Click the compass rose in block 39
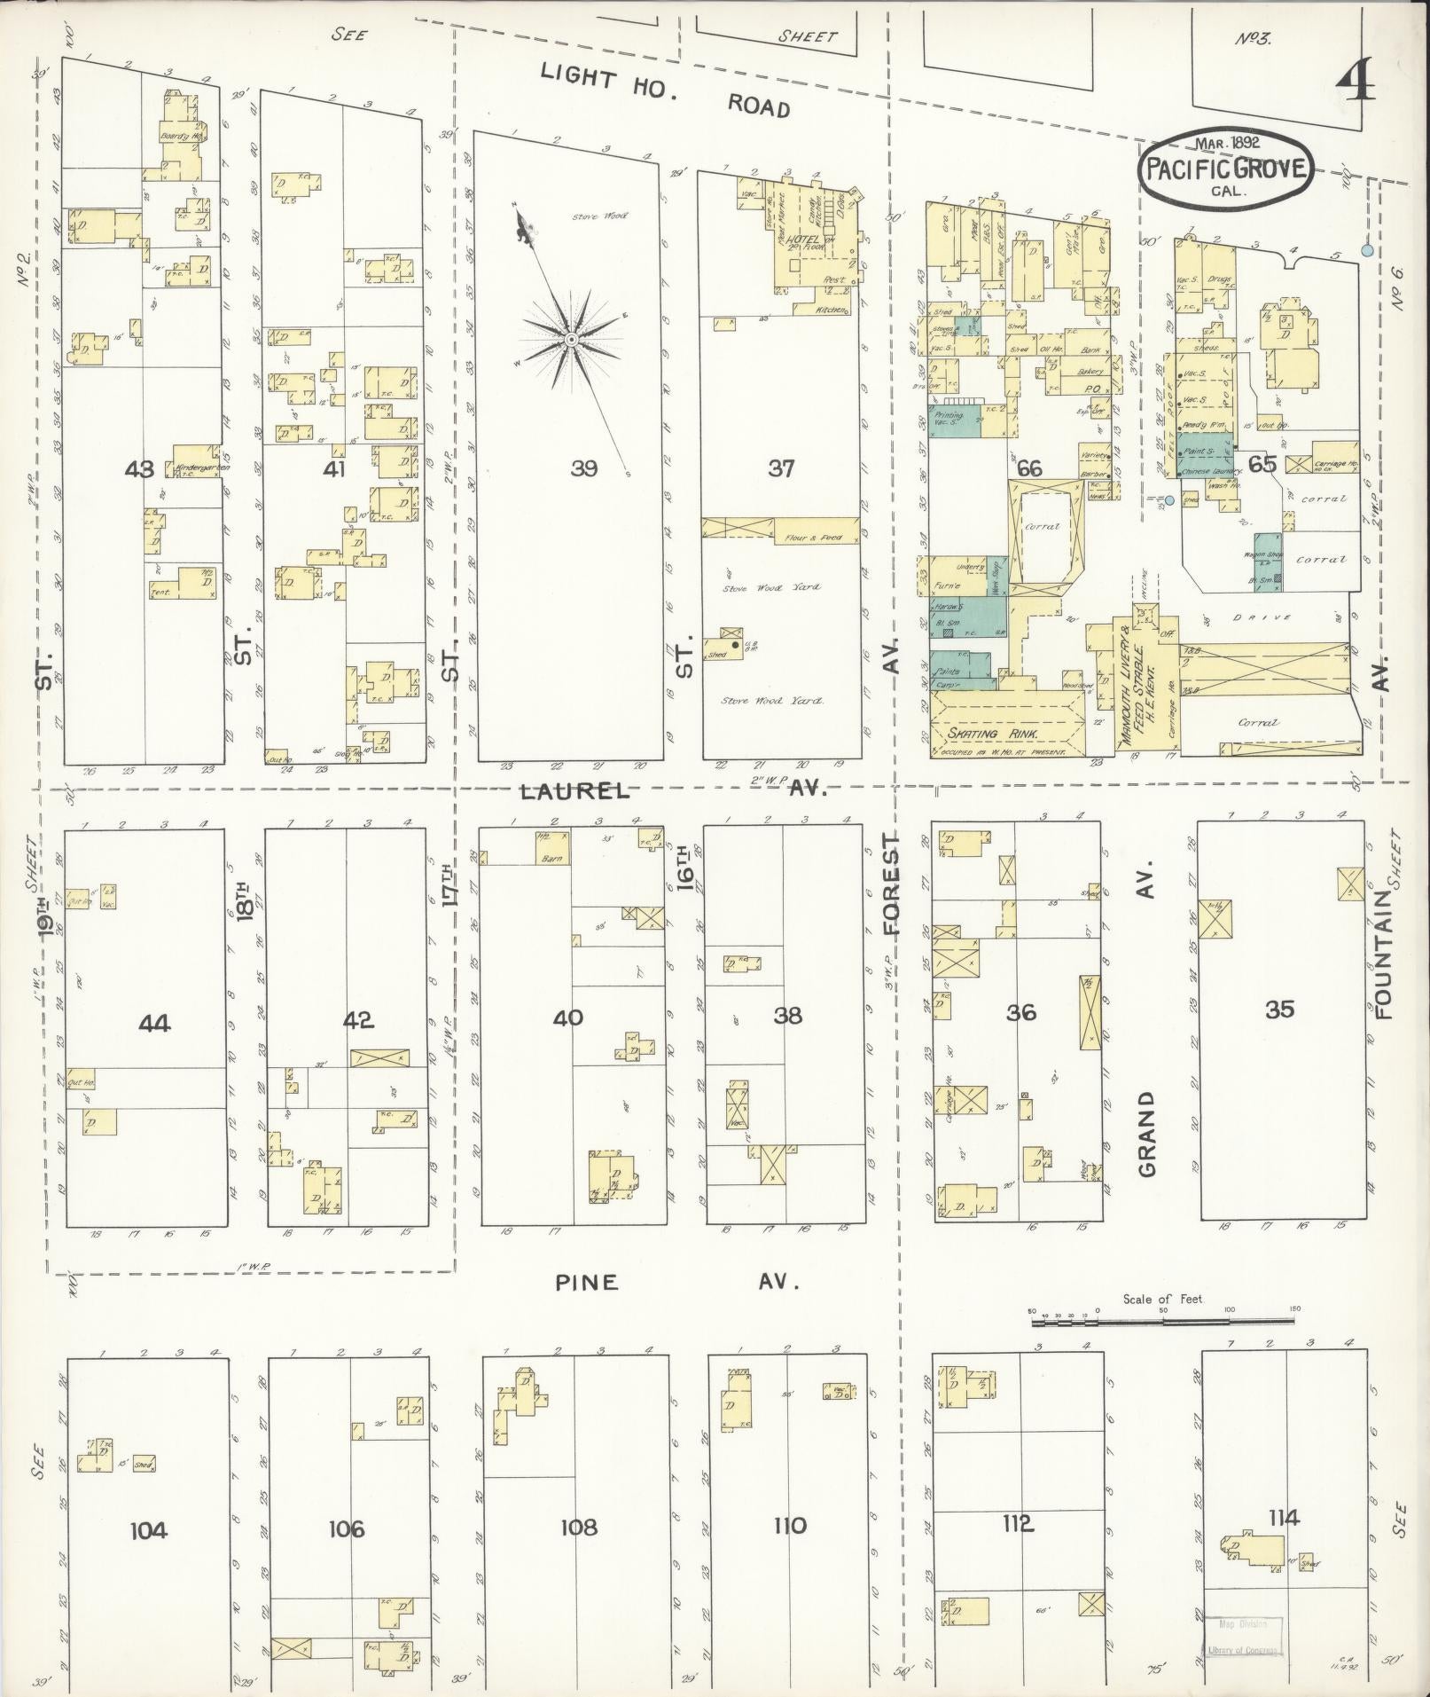click(x=572, y=340)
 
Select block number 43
click(x=140, y=468)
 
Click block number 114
click(x=1283, y=1518)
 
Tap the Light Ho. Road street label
click(x=665, y=91)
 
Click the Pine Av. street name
click(x=677, y=1282)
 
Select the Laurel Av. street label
click(x=672, y=790)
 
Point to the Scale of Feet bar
click(x=1161, y=1322)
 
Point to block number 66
click(x=1029, y=468)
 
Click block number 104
click(x=148, y=1529)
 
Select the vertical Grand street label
click(x=1147, y=1134)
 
